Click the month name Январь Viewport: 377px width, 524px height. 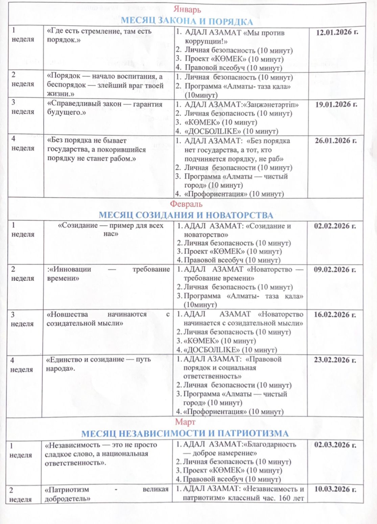pos(187,10)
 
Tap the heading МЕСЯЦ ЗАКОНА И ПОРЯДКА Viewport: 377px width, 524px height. pos(187,21)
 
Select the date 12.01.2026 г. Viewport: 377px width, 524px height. pos(337,32)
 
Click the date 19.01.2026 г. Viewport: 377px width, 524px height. pos(336,105)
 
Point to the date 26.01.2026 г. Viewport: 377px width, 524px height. pos(336,141)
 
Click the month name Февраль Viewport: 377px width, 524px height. pos(186,204)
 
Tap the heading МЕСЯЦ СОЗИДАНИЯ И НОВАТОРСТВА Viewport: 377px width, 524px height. pos(186,215)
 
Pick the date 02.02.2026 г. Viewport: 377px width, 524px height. pos(335,226)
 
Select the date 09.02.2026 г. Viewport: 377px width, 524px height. pos(335,270)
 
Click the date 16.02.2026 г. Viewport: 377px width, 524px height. pos(335,315)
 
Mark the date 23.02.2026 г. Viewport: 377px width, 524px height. pos(335,360)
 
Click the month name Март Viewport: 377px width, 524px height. pos(185,422)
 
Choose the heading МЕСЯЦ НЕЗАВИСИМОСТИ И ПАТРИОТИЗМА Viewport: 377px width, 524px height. pos(185,434)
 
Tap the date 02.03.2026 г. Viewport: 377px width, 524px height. pos(335,445)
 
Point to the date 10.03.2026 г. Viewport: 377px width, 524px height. pos(335,489)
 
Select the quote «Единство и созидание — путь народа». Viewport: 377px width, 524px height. pos(98,364)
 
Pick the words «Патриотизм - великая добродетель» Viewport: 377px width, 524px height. pos(106,494)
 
